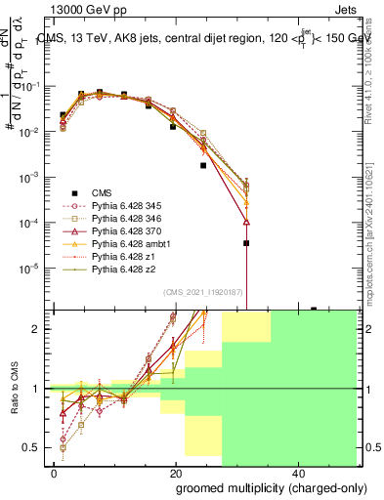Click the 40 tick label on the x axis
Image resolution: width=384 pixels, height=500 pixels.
pos(298,473)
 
